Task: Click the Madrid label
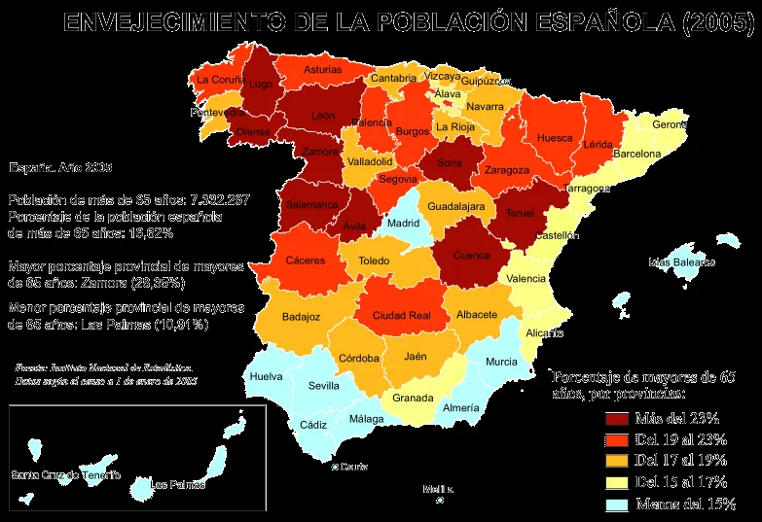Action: [403, 223]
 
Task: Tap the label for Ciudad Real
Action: [401, 315]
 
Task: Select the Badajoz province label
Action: [301, 316]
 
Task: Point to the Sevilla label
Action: [323, 385]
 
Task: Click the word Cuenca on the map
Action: [471, 256]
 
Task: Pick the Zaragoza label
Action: [507, 170]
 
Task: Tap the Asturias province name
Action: [322, 70]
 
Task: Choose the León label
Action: [323, 116]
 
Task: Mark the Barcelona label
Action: [636, 154]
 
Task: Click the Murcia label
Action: [501, 362]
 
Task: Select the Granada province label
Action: [413, 398]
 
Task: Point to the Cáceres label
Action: [306, 261]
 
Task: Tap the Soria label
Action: [450, 163]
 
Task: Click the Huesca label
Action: [555, 138]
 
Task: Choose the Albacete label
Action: [477, 314]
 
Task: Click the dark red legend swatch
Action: [617, 419]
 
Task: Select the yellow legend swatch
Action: [617, 483]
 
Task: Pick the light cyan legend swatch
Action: [617, 505]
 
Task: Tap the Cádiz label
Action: [313, 424]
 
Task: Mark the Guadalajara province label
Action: [456, 207]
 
